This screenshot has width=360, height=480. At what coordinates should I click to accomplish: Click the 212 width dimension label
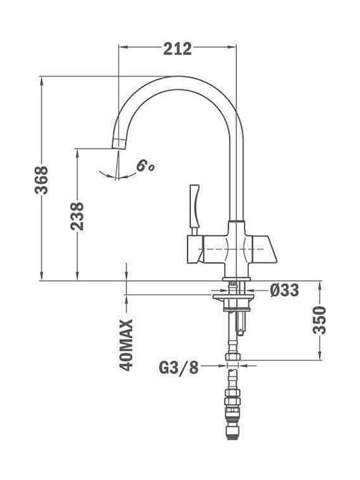177,49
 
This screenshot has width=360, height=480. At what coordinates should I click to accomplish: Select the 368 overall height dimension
41,180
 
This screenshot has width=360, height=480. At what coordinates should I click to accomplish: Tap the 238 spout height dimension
77,216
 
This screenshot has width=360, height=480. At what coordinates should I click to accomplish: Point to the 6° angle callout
145,166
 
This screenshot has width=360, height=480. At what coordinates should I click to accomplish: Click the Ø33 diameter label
285,290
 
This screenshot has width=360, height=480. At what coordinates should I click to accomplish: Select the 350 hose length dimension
319,320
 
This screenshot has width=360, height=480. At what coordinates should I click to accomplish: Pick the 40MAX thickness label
126,345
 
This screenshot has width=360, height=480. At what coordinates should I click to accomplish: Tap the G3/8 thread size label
179,367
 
